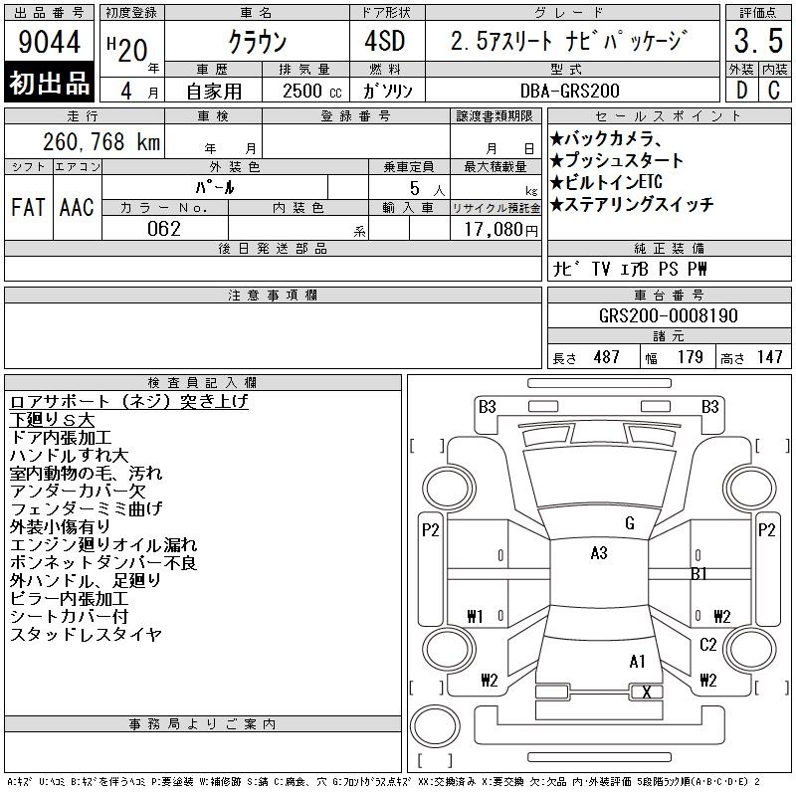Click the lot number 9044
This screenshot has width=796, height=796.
pos(49,42)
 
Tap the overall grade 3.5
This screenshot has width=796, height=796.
pos(758,41)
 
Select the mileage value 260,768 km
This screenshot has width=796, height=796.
pos(101,141)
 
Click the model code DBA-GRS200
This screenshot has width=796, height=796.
pos(569,91)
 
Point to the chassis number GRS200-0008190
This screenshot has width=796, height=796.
pos(668,315)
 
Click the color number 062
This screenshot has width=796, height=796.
pos(164,229)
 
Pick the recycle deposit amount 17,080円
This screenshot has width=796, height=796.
pos(501,230)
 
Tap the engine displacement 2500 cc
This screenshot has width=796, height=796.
pos(312,91)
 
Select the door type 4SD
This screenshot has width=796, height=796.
pos(385,41)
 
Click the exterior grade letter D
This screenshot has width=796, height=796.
pos(741,91)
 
